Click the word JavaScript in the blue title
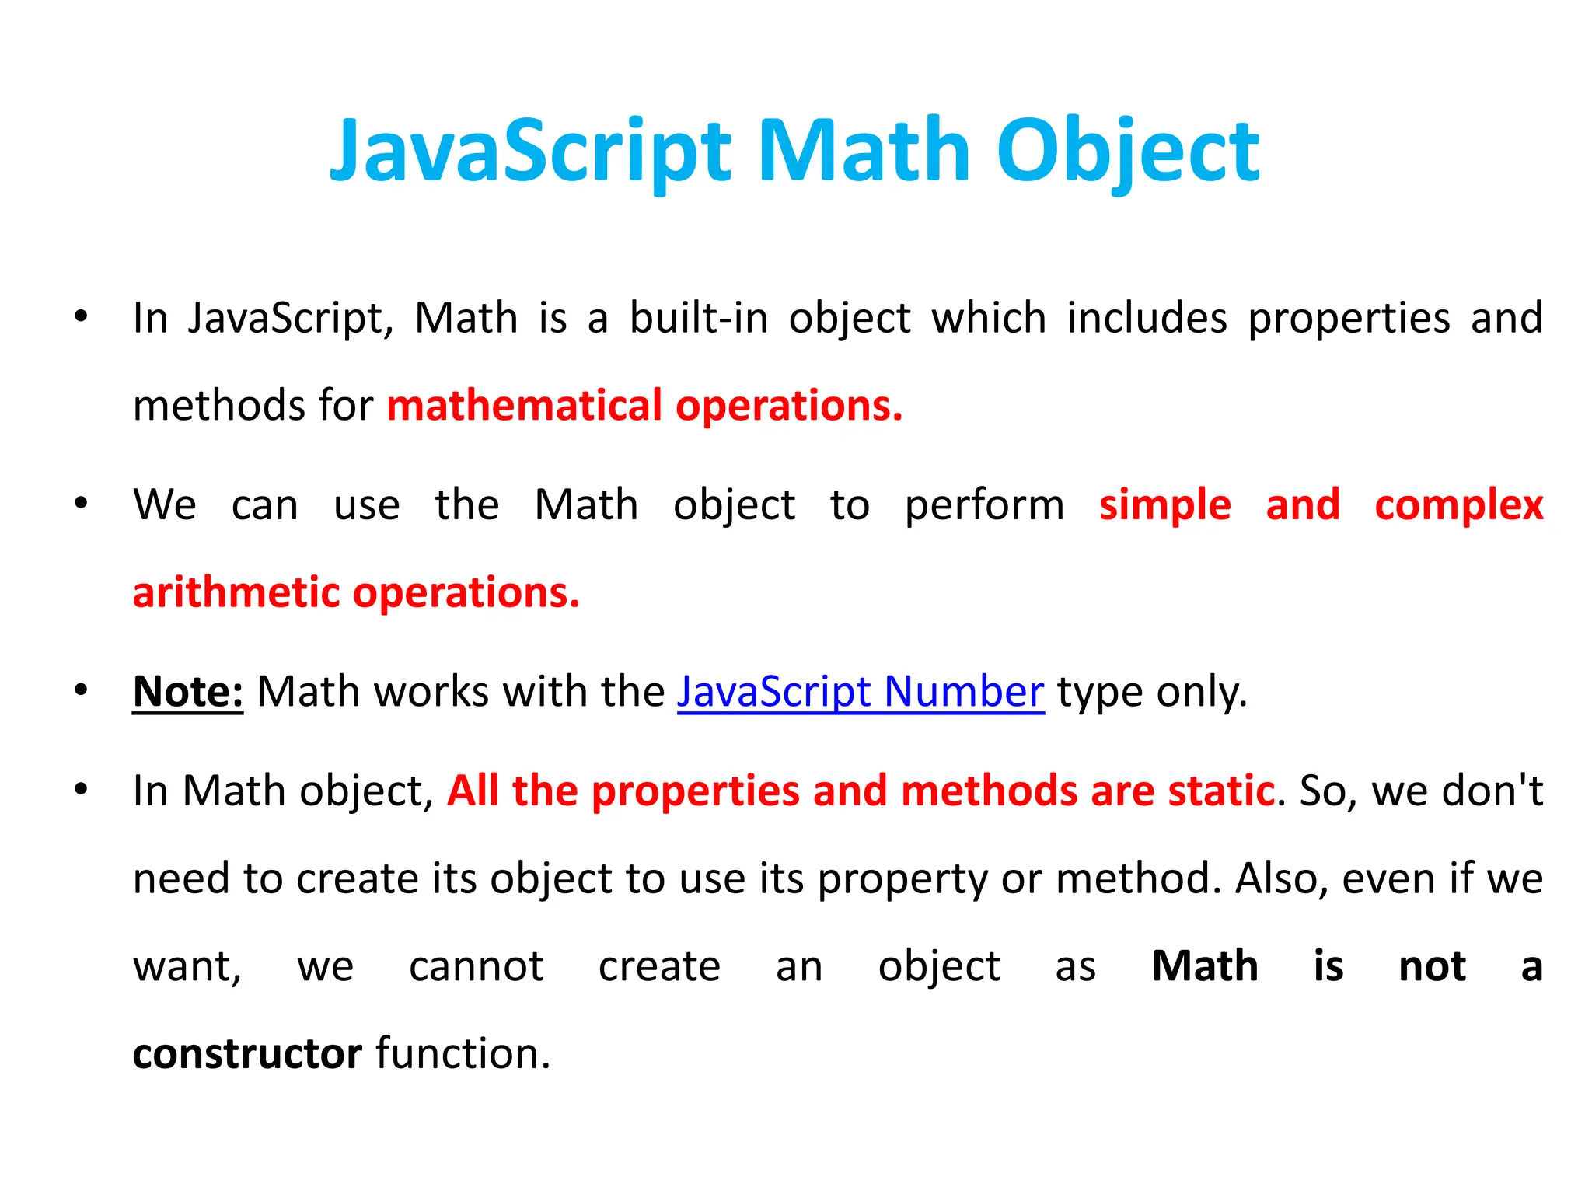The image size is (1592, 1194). coord(530,152)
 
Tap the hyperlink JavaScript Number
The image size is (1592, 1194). coord(860,691)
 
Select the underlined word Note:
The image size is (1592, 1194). coord(187,691)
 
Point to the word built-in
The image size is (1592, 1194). coord(699,318)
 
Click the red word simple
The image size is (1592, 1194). coord(1164,505)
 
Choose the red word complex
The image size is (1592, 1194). coord(1458,505)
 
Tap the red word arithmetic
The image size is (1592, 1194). coord(236,592)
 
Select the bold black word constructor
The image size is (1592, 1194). coord(247,1054)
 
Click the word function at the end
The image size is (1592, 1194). coord(463,1054)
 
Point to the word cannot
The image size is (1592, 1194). coord(476,966)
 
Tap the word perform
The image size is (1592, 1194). coord(984,505)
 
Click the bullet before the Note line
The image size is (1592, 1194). coord(81,690)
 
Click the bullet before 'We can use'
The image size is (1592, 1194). coord(81,504)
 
